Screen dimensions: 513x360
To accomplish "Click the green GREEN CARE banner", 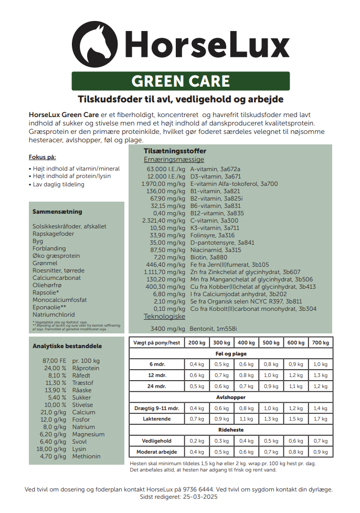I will pos(180,81).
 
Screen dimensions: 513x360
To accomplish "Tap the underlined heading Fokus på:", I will pos(42,157).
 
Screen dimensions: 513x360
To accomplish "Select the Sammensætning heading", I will pos(57,212).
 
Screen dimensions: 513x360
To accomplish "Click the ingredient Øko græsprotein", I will pos(56,256).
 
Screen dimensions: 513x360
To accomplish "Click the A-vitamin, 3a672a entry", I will pos(215,169).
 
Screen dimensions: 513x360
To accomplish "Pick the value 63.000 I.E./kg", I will pos(166,169).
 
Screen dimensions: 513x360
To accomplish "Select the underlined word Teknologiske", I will pos(164,317).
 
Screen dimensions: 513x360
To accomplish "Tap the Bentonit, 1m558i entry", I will pos(214,329).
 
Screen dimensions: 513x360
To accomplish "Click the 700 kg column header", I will pos(320,342).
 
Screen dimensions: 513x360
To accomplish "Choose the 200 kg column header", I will pos(197,342).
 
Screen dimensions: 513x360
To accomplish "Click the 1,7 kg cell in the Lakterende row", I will pos(320,419).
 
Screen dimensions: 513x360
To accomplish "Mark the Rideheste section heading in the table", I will pos(231,430).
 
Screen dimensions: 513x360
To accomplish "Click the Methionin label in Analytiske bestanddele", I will pos(87,456).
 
